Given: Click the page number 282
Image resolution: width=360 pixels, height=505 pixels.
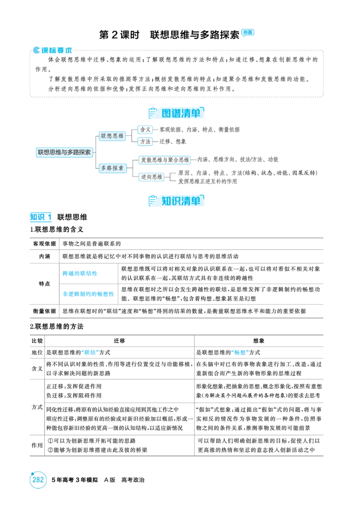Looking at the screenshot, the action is (38, 479).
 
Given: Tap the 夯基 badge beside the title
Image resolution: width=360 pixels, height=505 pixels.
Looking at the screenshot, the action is (247, 32).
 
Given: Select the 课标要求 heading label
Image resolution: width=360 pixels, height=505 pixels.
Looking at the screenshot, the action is (53, 50).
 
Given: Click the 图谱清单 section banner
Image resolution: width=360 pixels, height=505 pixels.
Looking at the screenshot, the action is (176, 113).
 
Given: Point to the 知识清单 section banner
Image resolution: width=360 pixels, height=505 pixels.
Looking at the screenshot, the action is (176, 201).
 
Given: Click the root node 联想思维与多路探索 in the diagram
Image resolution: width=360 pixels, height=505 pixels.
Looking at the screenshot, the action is (64, 152).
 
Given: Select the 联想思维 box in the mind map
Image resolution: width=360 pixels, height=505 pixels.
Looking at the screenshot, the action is (112, 136).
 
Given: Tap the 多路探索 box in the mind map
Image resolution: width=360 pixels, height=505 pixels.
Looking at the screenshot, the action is (112, 168).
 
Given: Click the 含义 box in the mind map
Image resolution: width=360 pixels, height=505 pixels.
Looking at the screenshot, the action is (145, 130).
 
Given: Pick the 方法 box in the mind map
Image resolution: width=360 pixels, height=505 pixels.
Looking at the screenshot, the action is (145, 141).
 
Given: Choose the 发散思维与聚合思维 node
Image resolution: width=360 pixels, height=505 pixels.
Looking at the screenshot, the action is (165, 160).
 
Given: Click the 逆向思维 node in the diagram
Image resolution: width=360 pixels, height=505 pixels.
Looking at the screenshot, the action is (152, 177).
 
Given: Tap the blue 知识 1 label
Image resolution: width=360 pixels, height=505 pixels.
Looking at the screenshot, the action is (41, 217).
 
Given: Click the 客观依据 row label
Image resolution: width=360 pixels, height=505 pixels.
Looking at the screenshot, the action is (45, 244).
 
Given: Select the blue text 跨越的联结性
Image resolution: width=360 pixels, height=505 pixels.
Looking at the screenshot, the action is (80, 273).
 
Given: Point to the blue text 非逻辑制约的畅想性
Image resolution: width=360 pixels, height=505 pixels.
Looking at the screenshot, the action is (88, 294).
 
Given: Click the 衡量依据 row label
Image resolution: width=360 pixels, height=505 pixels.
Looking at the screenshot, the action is (45, 311).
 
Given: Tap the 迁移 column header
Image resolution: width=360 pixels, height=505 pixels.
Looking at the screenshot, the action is (119, 341).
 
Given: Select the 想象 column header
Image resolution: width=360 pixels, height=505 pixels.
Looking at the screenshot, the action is (259, 341).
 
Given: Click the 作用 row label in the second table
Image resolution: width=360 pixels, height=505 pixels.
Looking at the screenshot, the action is (37, 446).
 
